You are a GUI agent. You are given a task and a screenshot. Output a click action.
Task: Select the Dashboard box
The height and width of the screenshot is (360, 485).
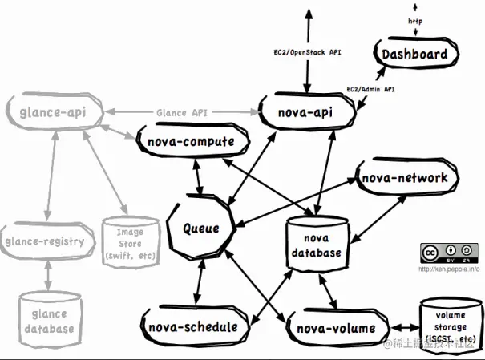click(414, 55)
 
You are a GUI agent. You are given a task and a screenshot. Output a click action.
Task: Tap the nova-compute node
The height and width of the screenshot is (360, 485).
click(190, 144)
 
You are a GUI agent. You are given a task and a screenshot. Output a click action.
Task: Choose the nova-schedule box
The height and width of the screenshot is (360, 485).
click(192, 326)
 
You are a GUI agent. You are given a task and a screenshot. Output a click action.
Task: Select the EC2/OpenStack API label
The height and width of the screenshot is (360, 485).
click(308, 51)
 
